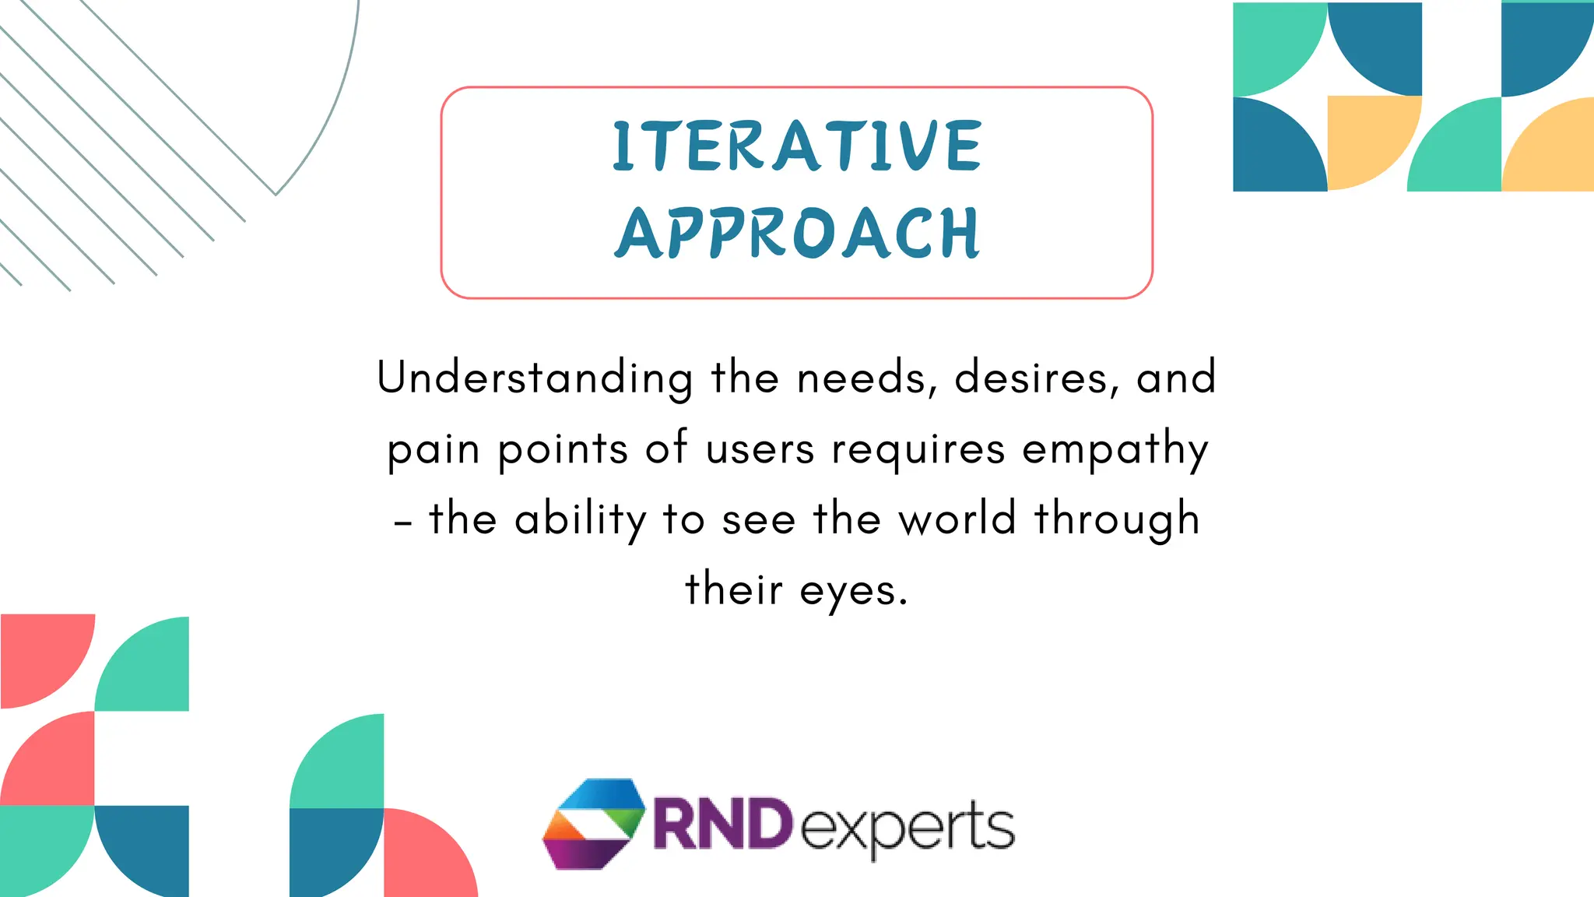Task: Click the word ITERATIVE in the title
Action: click(797, 146)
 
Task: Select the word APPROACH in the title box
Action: click(797, 233)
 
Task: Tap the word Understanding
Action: click(535, 378)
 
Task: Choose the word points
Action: click(563, 449)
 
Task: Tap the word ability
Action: click(580, 519)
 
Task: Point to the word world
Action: click(957, 519)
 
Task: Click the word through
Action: click(1117, 519)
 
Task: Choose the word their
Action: click(733, 589)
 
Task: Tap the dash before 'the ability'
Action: click(402, 522)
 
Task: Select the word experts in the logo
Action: click(908, 827)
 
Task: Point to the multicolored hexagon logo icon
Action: click(594, 823)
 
